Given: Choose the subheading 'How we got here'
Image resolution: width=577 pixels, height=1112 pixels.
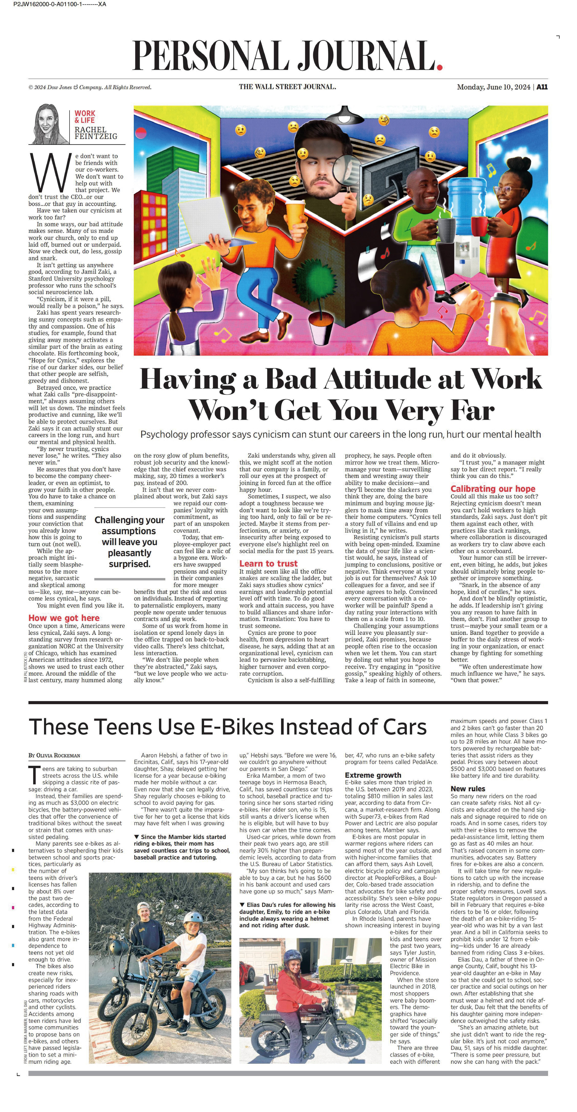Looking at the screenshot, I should pos(64,618).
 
